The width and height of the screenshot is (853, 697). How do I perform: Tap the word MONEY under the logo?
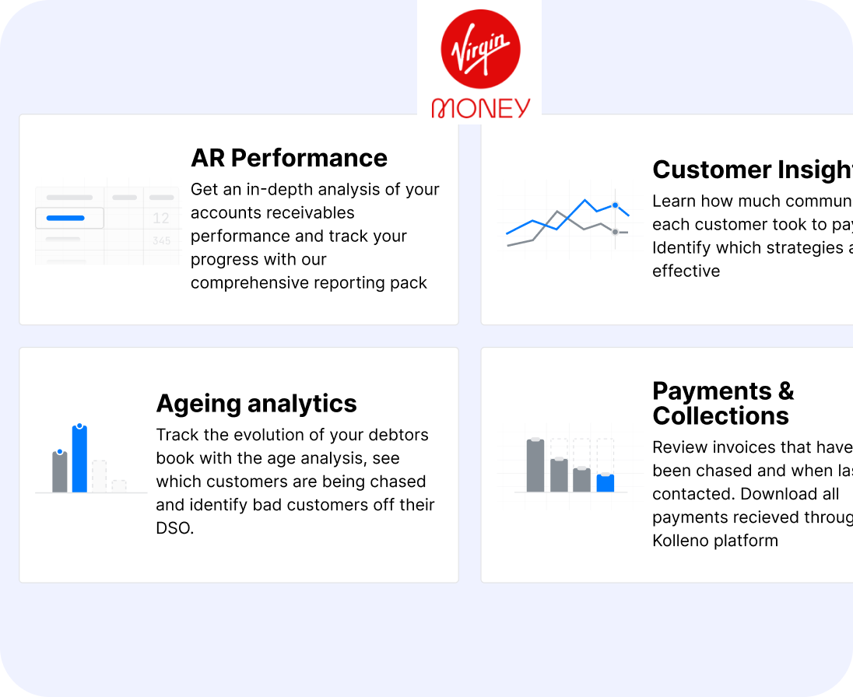tap(480, 108)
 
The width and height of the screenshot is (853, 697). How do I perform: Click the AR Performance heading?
tap(289, 158)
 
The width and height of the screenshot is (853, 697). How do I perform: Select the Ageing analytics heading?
tap(256, 404)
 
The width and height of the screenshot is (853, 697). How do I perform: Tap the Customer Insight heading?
tap(752, 170)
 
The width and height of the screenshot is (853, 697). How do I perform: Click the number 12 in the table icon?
tap(161, 219)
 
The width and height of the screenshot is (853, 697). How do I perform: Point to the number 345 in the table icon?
tap(161, 241)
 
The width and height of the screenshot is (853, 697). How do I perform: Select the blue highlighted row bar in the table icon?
tap(65, 219)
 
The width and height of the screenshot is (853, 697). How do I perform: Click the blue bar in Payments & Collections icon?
tap(606, 483)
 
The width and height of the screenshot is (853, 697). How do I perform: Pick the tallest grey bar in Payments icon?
tap(535, 465)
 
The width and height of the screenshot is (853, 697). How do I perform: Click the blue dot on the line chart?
tap(615, 205)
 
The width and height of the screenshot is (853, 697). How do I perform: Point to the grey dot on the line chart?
tap(615, 232)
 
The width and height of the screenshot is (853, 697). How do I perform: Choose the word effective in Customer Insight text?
tap(686, 271)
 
